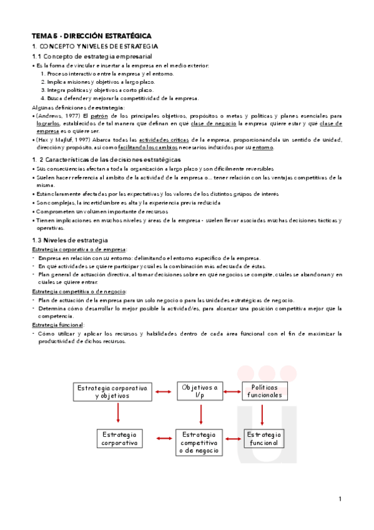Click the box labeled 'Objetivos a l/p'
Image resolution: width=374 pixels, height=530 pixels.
tap(200, 392)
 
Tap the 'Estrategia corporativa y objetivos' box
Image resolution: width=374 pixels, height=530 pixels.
tap(112, 392)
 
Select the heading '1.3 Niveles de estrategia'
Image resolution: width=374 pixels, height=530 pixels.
tap(70, 241)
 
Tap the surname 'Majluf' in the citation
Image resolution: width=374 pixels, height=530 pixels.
tap(61, 139)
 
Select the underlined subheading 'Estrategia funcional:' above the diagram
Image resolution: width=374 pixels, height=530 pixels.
tap(57, 325)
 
